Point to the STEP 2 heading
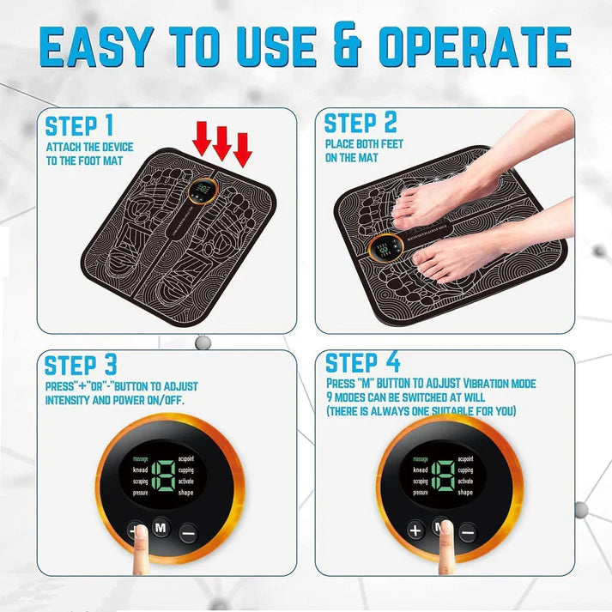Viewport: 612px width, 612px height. tap(361, 124)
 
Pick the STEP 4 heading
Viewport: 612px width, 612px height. tap(362, 361)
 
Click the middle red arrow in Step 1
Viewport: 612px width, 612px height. tap(222, 142)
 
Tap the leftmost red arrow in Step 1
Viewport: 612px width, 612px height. tap(202, 138)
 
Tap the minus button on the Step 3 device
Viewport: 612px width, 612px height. tap(188, 530)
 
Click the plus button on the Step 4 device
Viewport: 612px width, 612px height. tap(415, 530)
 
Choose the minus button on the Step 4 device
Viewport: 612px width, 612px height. tap(467, 530)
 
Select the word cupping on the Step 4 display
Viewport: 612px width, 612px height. tap(465, 470)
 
